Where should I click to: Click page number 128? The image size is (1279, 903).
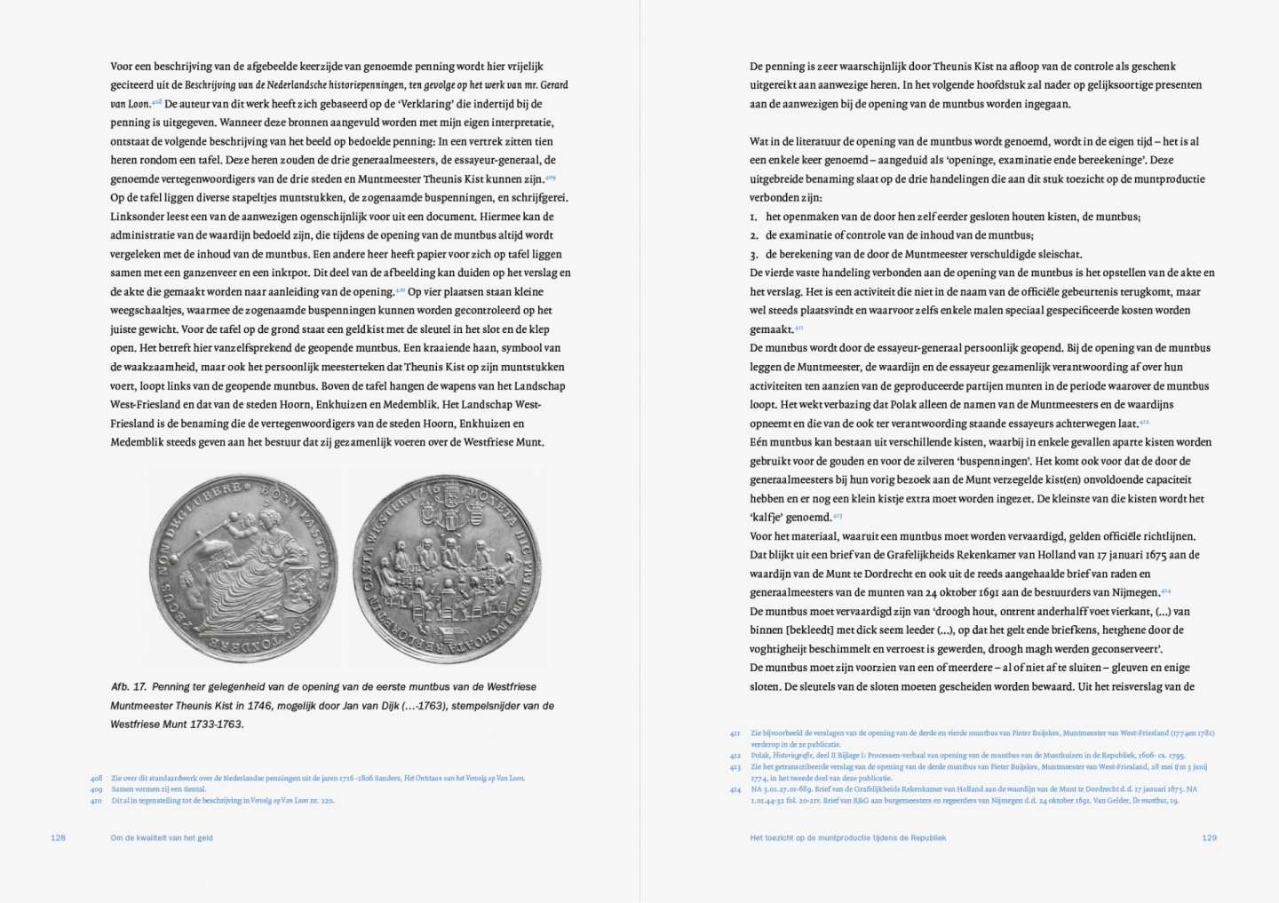(58, 837)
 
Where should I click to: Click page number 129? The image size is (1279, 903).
(1209, 837)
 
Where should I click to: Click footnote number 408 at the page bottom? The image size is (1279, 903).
(96, 778)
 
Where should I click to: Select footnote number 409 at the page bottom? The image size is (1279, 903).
(96, 788)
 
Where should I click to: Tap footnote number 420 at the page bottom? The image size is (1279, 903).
(96, 800)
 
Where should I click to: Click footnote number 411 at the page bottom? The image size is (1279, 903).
(735, 733)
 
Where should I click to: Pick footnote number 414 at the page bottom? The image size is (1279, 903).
(735, 788)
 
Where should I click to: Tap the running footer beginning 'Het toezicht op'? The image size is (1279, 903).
(847, 837)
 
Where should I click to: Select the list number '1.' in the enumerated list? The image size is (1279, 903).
(754, 217)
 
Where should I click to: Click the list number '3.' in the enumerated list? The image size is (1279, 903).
(754, 254)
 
